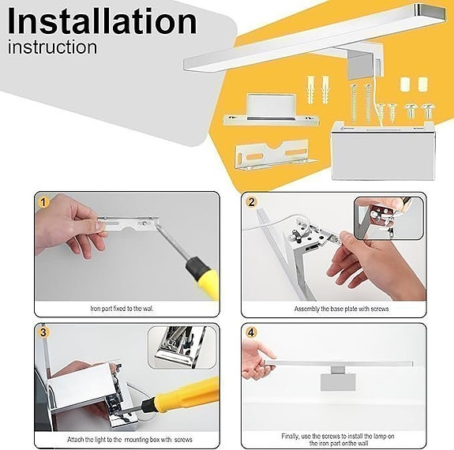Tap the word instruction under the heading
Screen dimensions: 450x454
52,47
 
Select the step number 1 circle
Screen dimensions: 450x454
43,202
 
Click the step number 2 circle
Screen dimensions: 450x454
252,202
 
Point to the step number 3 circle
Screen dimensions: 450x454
43,332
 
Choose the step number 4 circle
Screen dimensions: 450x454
252,332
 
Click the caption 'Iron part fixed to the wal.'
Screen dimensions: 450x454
127,309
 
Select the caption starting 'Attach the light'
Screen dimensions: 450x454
129,439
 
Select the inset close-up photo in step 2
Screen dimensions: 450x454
388,217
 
